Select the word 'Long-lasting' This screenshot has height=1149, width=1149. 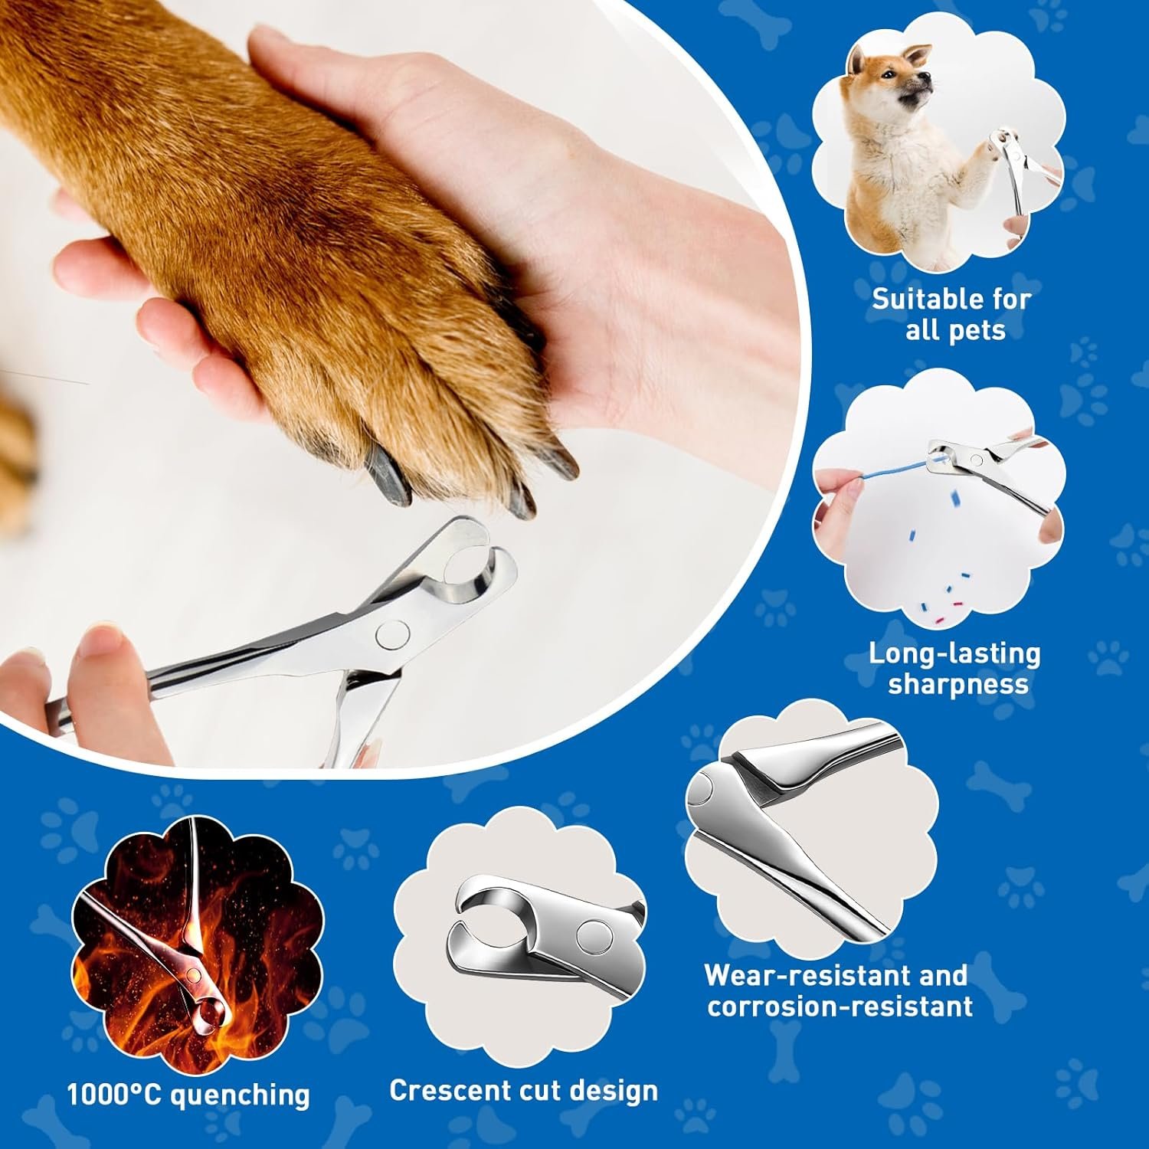pos(954,653)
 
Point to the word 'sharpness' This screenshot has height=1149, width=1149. pos(957,684)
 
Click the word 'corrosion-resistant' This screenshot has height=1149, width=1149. pos(840,1006)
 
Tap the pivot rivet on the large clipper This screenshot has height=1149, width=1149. pos(392,633)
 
